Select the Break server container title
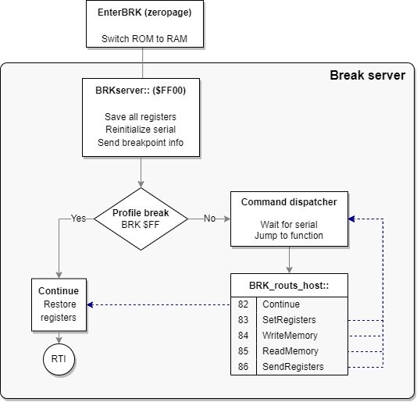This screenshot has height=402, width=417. coord(367,76)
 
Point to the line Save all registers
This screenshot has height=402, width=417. coord(141,116)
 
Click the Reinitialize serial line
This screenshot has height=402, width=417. coord(141,130)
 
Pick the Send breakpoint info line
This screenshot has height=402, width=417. coord(141,143)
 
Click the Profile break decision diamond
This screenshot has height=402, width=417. coord(141,219)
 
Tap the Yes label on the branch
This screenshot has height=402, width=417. coord(79,219)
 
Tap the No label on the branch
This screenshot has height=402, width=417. coord(209,219)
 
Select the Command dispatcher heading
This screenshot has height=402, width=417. coord(289,202)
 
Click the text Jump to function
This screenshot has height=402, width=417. coord(289,236)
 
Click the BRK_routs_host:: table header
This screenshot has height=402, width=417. coord(289,285)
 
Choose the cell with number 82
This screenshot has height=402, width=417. coord(244,304)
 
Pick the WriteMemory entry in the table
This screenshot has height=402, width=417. coord(286,336)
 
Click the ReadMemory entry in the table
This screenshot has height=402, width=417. coord(285,351)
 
